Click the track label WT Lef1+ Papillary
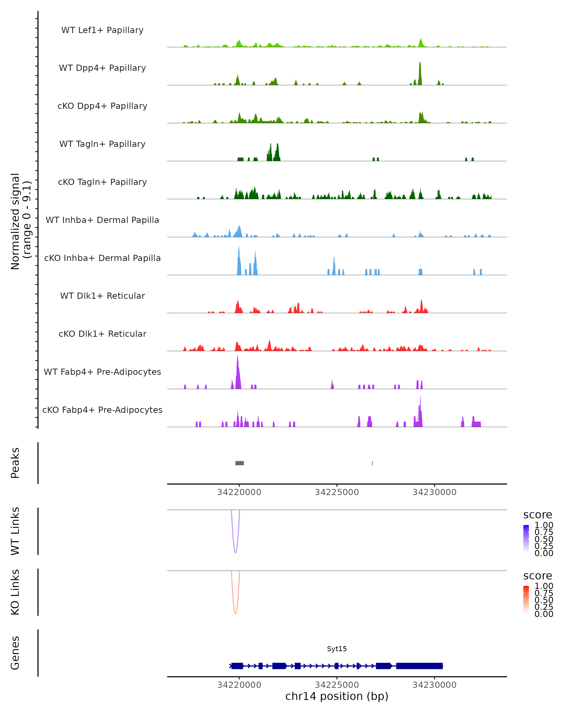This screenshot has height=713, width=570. point(102,30)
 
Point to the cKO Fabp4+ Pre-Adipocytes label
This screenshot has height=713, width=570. point(102,410)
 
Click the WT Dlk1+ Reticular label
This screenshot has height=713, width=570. point(102,296)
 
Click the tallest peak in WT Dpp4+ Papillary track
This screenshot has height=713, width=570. point(420,63)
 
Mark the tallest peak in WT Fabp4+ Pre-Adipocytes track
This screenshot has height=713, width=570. point(237,356)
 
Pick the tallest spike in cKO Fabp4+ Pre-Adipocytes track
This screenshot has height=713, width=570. point(420,396)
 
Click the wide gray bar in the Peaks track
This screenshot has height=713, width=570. point(240,463)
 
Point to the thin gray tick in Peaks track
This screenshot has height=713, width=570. point(372,463)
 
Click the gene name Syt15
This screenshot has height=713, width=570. point(337,649)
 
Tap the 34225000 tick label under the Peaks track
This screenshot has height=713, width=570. point(337,492)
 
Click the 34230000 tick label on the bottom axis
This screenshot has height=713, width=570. point(434,685)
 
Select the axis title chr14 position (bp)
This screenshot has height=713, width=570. point(337,696)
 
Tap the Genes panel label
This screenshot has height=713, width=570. point(15,653)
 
